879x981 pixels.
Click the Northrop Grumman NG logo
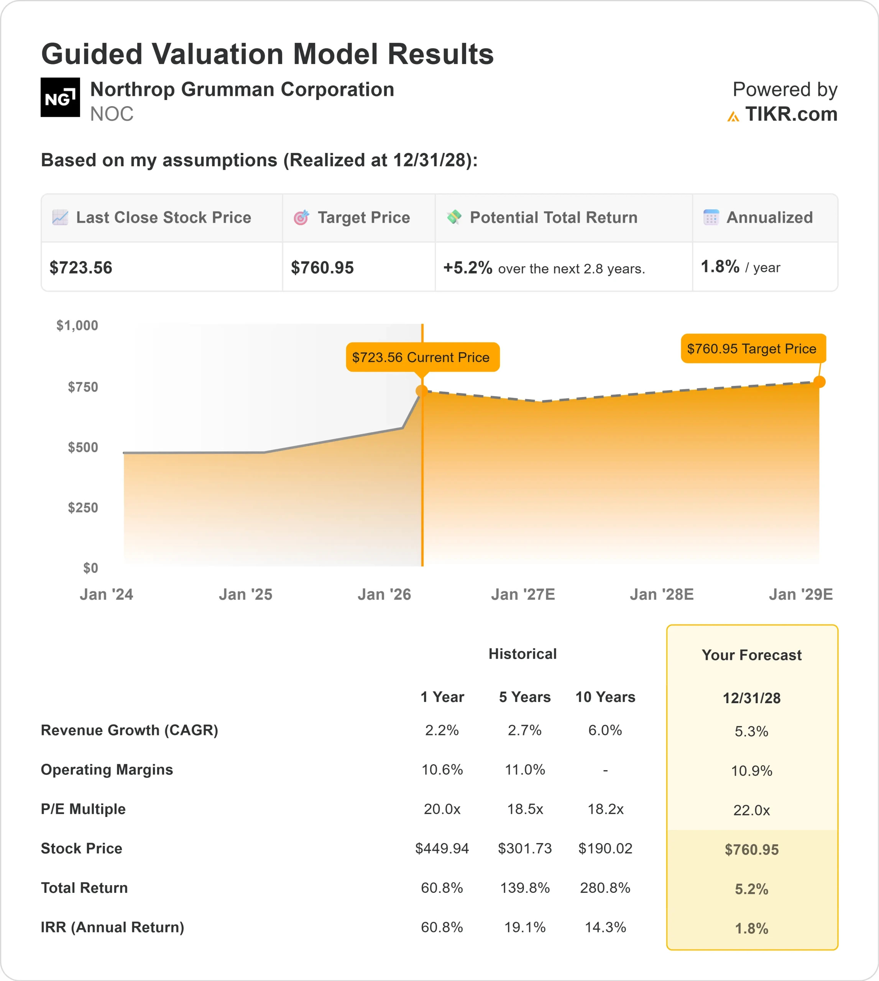coord(60,97)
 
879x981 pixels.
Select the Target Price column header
coord(363,218)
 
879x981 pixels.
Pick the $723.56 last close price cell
coord(81,267)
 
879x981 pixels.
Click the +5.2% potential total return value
coord(468,267)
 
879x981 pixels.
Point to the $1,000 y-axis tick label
coord(77,325)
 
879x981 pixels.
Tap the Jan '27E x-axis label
coord(522,594)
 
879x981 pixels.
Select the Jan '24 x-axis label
coord(106,594)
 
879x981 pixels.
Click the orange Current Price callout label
coord(422,357)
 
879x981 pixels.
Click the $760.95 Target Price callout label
coord(753,349)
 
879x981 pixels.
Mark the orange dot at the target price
coord(819,382)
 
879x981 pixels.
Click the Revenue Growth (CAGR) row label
coord(130,730)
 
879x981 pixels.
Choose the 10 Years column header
coord(605,697)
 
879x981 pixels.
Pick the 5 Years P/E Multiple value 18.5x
coord(525,809)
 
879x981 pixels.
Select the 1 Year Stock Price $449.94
coord(442,848)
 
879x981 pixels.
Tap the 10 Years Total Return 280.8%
coord(605,888)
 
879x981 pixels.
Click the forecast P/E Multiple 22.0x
coord(751,810)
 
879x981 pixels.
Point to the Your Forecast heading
coord(751,655)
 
